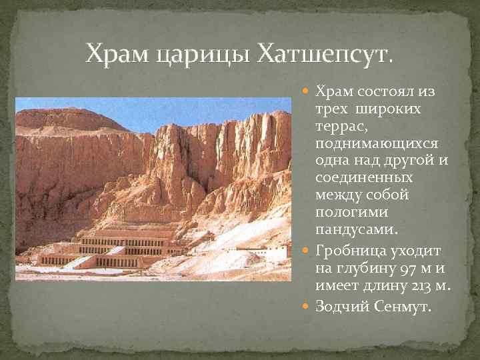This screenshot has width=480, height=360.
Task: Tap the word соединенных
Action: [x=364, y=178]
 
